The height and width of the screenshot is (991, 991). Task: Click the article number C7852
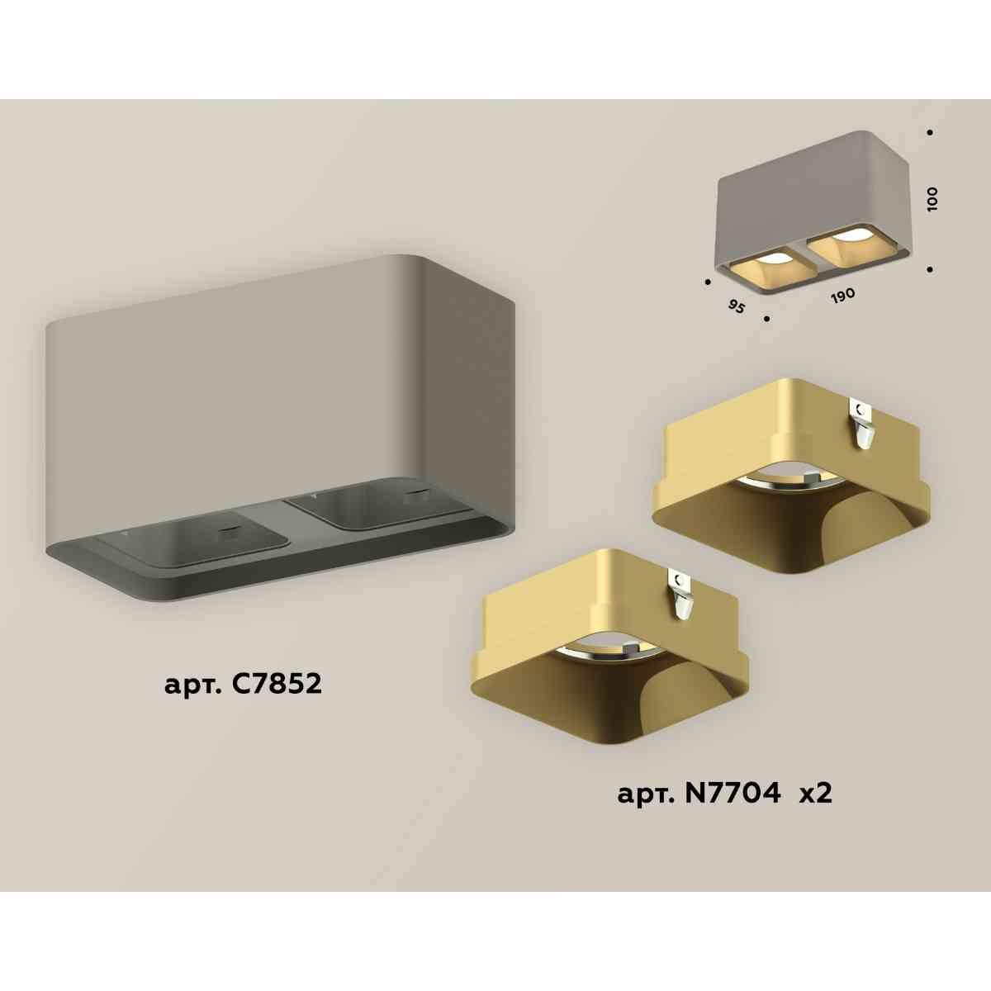click(277, 684)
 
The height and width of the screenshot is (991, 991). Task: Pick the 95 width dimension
click(737, 306)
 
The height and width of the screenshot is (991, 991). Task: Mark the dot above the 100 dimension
click(930, 133)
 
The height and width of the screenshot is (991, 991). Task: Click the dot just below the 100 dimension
click(931, 269)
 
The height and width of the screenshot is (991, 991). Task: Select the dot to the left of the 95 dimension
click(708, 282)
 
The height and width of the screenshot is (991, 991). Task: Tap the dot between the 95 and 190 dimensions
click(766, 319)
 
